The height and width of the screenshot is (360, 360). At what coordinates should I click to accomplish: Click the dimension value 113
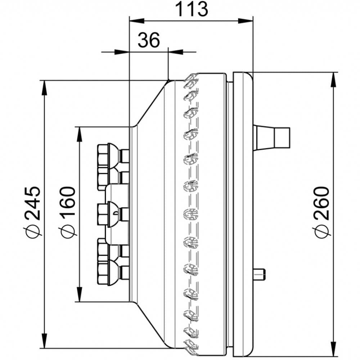(x=192, y=9)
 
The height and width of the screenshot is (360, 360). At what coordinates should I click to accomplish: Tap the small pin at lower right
(x=260, y=275)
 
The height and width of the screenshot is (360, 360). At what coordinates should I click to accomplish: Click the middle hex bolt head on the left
(x=107, y=214)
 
